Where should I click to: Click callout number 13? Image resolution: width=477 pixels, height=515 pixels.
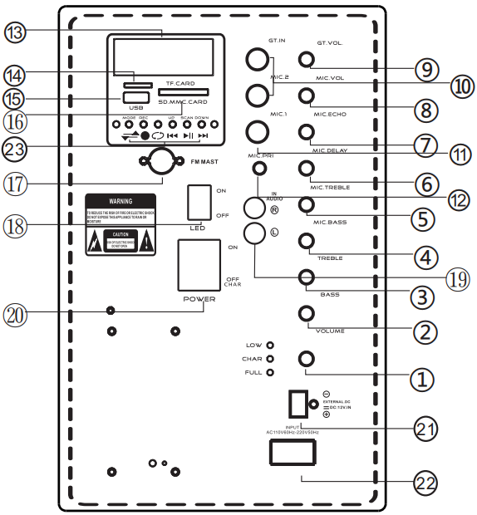(x=16, y=32)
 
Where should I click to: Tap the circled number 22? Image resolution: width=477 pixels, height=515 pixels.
(x=425, y=483)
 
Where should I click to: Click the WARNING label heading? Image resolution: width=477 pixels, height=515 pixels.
(x=121, y=201)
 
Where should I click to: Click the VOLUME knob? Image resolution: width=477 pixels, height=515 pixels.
(x=307, y=313)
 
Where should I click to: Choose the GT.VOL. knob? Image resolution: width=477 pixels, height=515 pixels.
(x=307, y=59)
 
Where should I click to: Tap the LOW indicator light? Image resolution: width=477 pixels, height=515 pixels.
(x=270, y=345)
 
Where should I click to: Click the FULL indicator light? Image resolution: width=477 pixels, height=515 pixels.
(x=270, y=372)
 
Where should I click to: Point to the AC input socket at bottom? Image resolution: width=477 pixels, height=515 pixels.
(x=292, y=453)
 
